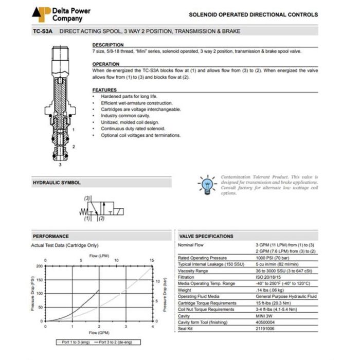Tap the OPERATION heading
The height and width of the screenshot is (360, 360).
(106, 64)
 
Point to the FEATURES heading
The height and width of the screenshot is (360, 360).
(104, 90)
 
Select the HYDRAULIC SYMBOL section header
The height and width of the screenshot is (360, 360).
(57, 183)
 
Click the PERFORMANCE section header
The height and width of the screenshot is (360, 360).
(51, 236)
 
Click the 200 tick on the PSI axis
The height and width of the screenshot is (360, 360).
(39, 266)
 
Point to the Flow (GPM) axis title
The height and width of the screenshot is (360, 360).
(99, 333)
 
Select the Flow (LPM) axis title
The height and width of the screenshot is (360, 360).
(99, 256)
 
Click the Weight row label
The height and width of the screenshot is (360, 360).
(185, 290)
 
